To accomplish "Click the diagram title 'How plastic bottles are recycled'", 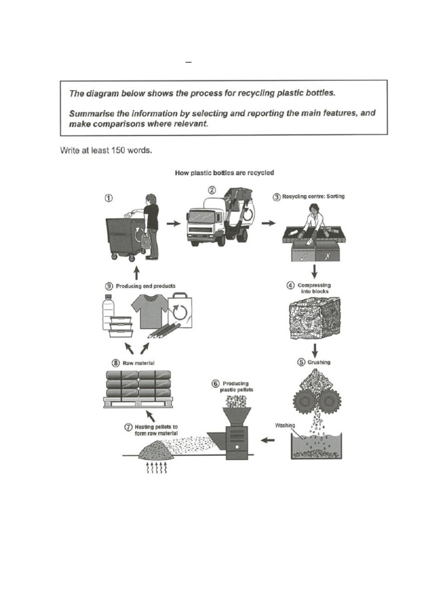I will [x=225, y=173].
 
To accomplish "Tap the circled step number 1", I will [x=109, y=197].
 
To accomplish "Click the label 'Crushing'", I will [x=318, y=362].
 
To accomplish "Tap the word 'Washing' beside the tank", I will [x=285, y=425].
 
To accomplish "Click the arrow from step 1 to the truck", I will [x=173, y=223].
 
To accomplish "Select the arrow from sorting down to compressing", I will [x=315, y=271].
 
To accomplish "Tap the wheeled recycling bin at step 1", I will [x=125, y=237].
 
